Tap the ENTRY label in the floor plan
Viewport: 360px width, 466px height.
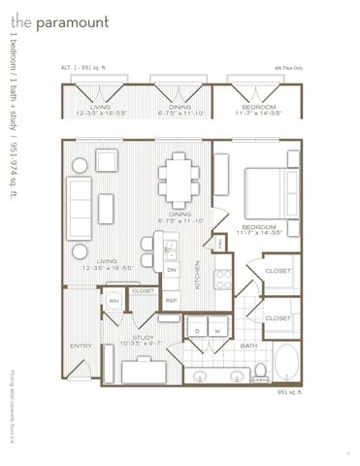(x=80, y=346)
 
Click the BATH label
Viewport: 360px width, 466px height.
(x=249, y=346)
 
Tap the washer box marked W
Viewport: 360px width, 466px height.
(x=218, y=330)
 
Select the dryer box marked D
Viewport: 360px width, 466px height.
(x=198, y=330)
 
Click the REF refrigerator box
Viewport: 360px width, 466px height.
(x=172, y=301)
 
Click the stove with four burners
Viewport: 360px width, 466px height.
(x=223, y=279)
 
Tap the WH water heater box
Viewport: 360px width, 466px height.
(x=114, y=301)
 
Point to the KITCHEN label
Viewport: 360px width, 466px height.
(x=198, y=275)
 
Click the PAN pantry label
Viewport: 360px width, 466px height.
(x=220, y=243)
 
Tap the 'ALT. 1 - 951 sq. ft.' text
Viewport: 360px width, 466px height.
(x=83, y=68)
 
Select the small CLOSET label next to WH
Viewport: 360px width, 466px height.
(x=143, y=290)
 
